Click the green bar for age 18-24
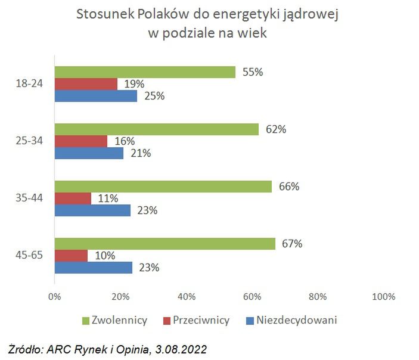pyautogui.click(x=145, y=72)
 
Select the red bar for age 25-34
pyautogui.click(x=81, y=141)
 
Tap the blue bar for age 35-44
pyautogui.click(x=92, y=210)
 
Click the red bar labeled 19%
pyautogui.click(x=86, y=84)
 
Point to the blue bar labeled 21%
pyautogui.click(x=89, y=153)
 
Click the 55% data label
pyautogui.click(x=253, y=72)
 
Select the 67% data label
pyautogui.click(x=293, y=244)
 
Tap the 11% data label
pyautogui.click(x=108, y=198)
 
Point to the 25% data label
pyautogui.click(x=154, y=96)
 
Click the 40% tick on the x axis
pyautogui.click(x=187, y=297)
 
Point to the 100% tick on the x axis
pyautogui.click(x=383, y=297)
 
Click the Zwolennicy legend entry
pyautogui.click(x=119, y=321)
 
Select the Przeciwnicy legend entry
pyautogui.click(x=201, y=321)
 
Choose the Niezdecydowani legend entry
pyautogui.click(x=297, y=321)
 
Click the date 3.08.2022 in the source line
pyautogui.click(x=179, y=347)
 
